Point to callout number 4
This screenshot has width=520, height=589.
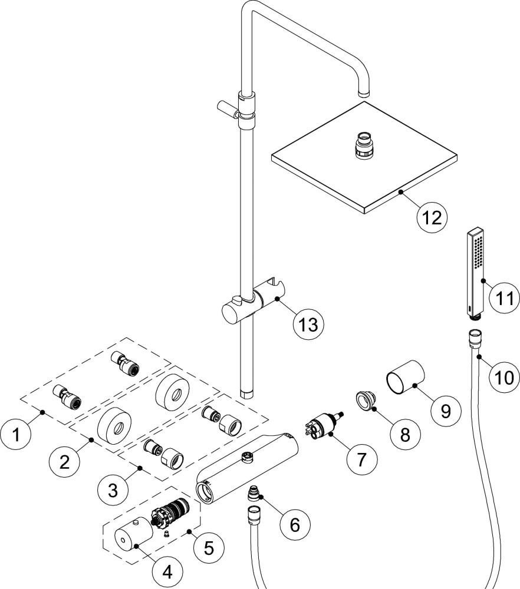coord(167,570)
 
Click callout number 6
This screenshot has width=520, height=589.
coord(294,522)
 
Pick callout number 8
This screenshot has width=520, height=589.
coord(405,434)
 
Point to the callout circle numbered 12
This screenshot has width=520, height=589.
coord(429,216)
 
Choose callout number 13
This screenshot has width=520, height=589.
coord(308,323)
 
